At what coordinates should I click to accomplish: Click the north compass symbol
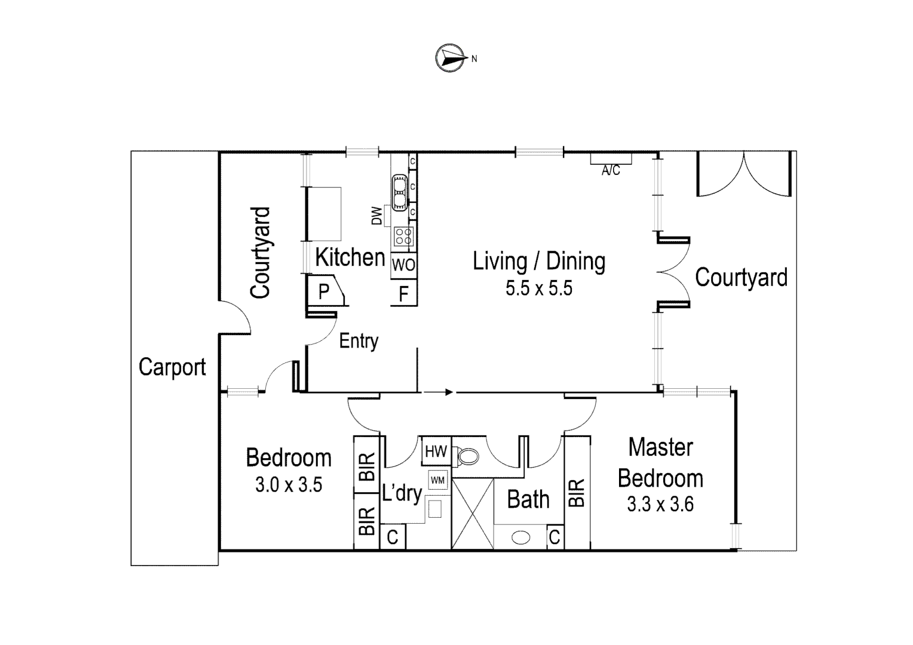click(x=451, y=58)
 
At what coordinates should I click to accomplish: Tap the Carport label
click(x=172, y=367)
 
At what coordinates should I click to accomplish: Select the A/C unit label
click(x=611, y=171)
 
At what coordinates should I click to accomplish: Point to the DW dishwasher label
click(x=376, y=216)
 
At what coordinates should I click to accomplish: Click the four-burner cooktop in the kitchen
click(x=403, y=236)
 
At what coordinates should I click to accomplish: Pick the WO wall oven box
click(x=404, y=265)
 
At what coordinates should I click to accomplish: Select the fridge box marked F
click(x=404, y=294)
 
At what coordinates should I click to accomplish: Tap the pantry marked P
click(x=324, y=291)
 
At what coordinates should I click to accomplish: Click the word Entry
click(x=359, y=341)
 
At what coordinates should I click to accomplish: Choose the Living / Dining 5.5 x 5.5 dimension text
click(x=539, y=288)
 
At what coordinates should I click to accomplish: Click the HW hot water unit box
click(x=436, y=451)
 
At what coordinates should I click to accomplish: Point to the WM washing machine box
click(x=437, y=480)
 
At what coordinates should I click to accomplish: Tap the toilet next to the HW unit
click(x=467, y=457)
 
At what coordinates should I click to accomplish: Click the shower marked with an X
click(x=473, y=514)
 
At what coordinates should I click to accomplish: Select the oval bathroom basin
click(x=521, y=537)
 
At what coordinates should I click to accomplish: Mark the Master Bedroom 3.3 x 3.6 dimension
click(x=660, y=505)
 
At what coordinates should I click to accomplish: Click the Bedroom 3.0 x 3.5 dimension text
click(x=289, y=485)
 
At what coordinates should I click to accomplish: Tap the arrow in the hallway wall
click(x=439, y=392)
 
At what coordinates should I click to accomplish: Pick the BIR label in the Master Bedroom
click(x=577, y=493)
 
